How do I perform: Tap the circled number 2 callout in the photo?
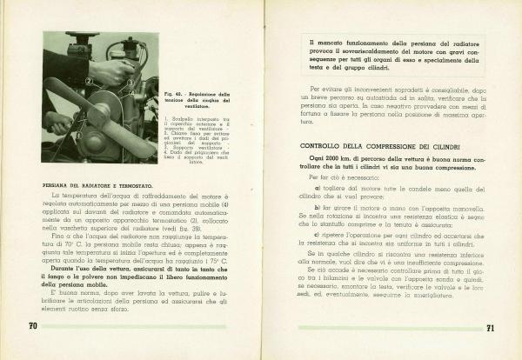(89, 81)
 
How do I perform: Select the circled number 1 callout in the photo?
(78, 135)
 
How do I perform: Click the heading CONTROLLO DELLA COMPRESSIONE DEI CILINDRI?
(374, 145)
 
